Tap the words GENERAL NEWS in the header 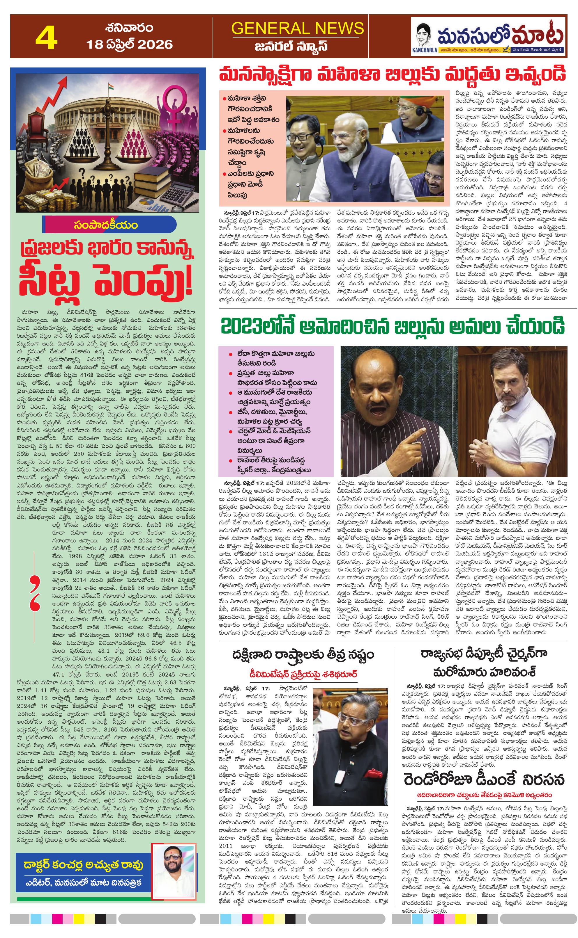point(297,29)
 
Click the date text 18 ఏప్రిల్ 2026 point(130,45)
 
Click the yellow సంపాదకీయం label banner point(106,225)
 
